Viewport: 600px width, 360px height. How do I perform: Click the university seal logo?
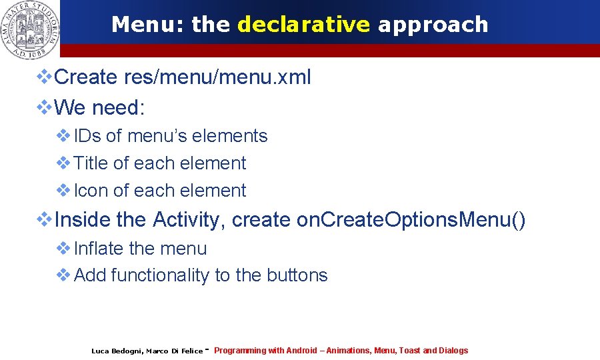tap(29, 28)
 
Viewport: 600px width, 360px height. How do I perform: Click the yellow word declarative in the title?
tap(303, 25)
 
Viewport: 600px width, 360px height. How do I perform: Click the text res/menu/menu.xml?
tap(217, 77)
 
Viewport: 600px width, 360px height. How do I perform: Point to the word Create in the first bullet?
tap(86, 77)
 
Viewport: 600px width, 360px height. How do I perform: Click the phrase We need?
tap(99, 107)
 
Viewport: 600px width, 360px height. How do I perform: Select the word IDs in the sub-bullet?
tap(87, 136)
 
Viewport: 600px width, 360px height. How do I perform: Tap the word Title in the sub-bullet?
tap(92, 163)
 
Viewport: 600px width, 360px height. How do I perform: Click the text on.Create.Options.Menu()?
tap(411, 219)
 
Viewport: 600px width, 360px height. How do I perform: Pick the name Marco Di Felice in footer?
tap(174, 351)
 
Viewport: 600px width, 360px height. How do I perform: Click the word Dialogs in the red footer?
tap(453, 351)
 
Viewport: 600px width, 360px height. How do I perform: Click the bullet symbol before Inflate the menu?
tap(64, 248)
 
